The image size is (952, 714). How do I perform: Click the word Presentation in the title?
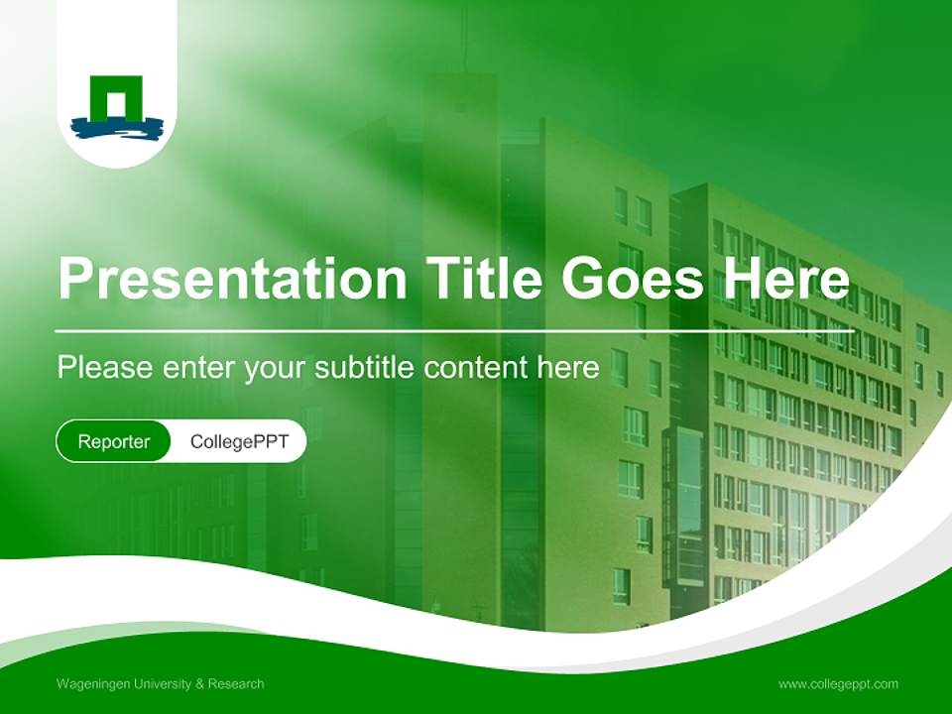coord(232,279)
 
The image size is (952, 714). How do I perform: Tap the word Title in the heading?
coord(484,279)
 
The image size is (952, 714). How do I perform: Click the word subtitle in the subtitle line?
coord(366,368)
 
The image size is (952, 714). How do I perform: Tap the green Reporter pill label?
coord(114,441)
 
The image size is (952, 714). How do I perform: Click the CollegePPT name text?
coord(239,441)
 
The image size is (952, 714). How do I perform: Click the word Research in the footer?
coord(238,684)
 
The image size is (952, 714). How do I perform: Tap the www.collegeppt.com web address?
coord(838,684)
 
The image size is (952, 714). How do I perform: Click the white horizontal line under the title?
coord(446,330)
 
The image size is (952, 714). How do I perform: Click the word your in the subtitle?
coord(276,368)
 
